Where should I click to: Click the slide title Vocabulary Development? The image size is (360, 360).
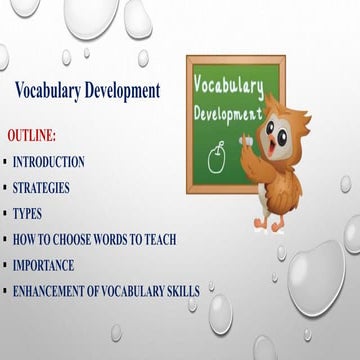[88, 91]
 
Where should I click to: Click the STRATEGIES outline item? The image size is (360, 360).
[42, 187]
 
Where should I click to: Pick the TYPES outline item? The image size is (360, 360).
[27, 213]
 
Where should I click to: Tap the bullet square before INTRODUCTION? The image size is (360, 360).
[5, 161]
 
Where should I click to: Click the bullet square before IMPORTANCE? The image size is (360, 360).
[5, 265]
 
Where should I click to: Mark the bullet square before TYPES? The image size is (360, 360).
[5, 213]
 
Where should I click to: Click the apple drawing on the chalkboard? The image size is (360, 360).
[215, 154]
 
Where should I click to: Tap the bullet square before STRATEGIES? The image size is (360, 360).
[5, 187]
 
